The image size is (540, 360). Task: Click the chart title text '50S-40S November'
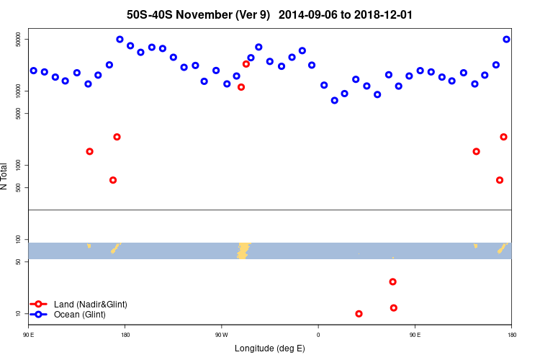(184, 14)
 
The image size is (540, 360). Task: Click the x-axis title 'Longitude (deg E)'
(270, 348)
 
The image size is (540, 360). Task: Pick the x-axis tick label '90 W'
(221, 335)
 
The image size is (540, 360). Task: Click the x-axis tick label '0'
(318, 335)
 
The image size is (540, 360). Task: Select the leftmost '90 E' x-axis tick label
(29, 335)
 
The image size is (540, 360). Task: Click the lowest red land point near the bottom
(359, 314)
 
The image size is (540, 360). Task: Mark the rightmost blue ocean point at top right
(506, 40)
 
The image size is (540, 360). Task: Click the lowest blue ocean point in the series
(334, 101)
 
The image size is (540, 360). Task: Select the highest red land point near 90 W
(246, 64)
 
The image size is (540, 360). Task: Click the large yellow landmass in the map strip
(243, 250)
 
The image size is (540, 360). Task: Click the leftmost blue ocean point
(34, 71)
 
